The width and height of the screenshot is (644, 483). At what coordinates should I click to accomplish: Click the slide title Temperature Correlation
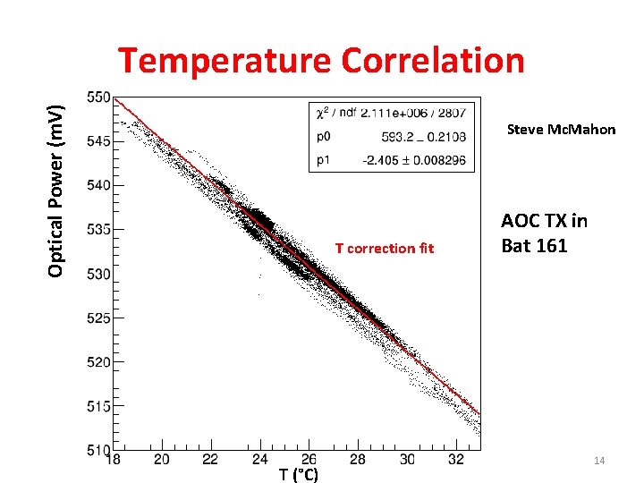(x=321, y=61)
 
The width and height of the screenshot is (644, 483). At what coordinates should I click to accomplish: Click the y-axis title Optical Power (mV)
(x=55, y=190)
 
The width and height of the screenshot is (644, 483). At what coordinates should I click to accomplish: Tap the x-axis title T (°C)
(x=298, y=474)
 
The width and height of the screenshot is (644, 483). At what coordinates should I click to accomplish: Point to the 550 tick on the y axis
(x=99, y=97)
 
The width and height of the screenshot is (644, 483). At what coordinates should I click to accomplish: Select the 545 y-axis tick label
(x=99, y=141)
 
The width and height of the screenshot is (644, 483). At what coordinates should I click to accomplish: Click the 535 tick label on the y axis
(x=99, y=229)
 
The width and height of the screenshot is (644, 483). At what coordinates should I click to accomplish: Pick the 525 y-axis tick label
(x=99, y=318)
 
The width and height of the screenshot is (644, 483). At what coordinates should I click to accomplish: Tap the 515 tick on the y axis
(x=99, y=406)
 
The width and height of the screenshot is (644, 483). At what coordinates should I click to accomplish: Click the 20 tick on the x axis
(x=162, y=460)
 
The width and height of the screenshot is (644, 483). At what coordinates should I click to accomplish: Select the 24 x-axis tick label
(x=259, y=460)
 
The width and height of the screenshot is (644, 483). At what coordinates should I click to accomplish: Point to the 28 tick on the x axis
(x=357, y=460)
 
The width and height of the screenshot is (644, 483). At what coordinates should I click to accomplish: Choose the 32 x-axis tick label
(x=455, y=460)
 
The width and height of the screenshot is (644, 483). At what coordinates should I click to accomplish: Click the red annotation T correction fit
(x=384, y=249)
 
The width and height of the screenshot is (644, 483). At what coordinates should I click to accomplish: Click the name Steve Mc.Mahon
(x=561, y=129)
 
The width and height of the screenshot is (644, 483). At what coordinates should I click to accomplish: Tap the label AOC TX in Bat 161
(x=544, y=233)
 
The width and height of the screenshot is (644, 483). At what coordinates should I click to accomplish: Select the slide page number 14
(x=599, y=460)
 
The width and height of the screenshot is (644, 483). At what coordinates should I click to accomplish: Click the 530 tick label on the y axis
(x=99, y=274)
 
